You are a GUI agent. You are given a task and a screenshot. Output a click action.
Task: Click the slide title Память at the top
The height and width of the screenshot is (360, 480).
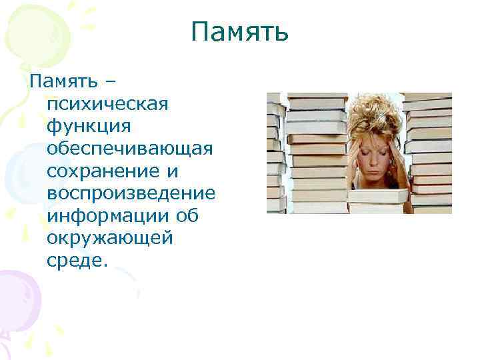[239, 31]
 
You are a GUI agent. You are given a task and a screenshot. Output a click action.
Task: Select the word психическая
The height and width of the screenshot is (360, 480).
[108, 105]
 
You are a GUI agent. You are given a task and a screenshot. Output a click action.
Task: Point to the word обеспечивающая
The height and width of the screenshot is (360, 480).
[130, 149]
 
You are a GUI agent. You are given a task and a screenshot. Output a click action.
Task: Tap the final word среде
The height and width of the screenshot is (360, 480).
[77, 261]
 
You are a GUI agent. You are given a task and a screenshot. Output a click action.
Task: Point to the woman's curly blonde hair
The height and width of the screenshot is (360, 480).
[373, 117]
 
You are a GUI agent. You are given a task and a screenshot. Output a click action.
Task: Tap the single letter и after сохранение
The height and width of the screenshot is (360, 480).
[172, 171]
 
